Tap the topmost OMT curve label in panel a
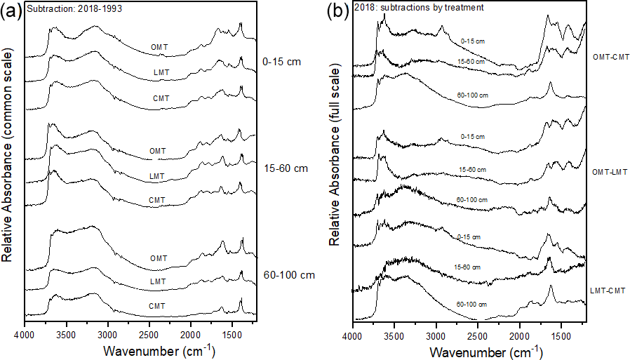pos(159,47)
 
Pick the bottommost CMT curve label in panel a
pos(157,305)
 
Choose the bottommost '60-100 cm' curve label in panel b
pos(471,304)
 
